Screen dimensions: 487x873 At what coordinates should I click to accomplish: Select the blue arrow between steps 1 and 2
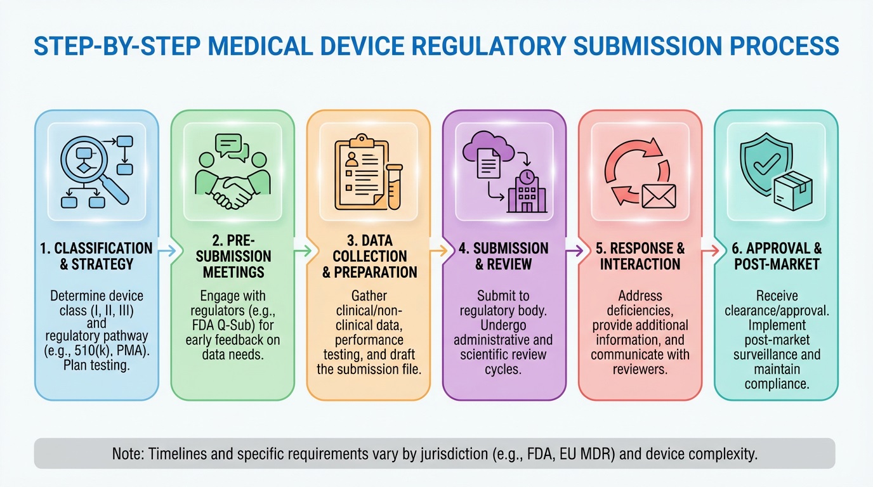pyautogui.click(x=166, y=251)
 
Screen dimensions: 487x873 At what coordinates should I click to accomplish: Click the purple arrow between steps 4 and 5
pyautogui.click(x=574, y=251)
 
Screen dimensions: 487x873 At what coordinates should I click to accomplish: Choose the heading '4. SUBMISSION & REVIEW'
pyautogui.click(x=503, y=256)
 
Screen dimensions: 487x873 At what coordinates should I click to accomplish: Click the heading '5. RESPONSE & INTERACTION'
pyautogui.click(x=640, y=256)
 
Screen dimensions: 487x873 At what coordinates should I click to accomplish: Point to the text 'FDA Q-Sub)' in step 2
pyautogui.click(x=232, y=325)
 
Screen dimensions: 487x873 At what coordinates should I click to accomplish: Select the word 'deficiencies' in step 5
pyautogui.click(x=640, y=311)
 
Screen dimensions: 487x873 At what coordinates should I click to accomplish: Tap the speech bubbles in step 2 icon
pyautogui.click(x=232, y=148)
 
